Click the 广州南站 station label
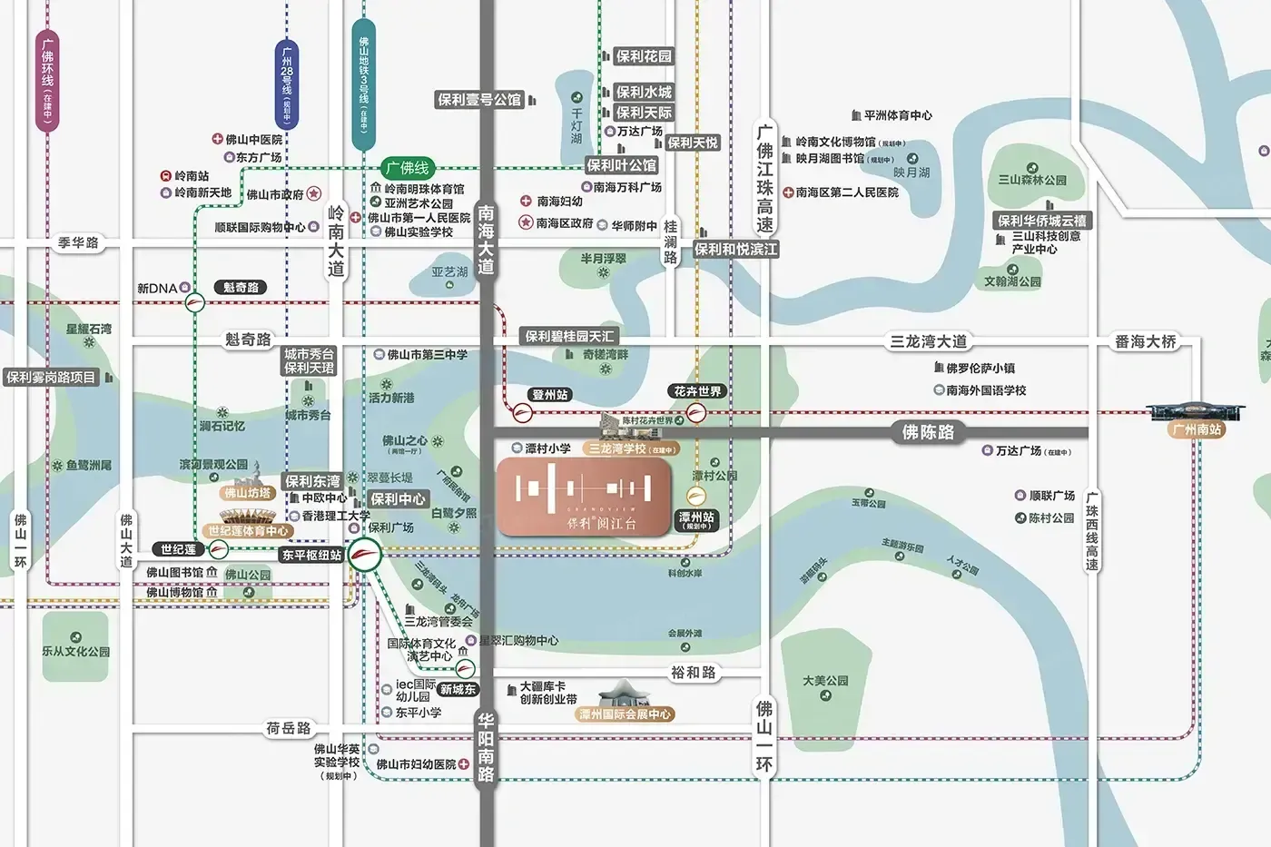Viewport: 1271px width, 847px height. (1197, 429)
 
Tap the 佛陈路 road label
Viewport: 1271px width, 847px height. (928, 432)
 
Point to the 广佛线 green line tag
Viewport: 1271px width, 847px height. (407, 168)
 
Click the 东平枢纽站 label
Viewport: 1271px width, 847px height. (311, 555)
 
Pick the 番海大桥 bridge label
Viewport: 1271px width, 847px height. (1145, 341)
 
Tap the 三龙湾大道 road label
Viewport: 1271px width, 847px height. (928, 341)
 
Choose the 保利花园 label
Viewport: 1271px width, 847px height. (644, 56)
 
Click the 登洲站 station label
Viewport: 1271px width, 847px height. (550, 395)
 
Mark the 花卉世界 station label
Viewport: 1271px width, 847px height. (697, 391)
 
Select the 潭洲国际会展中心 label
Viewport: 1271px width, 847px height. (626, 714)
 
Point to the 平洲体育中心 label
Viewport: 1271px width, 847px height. (897, 115)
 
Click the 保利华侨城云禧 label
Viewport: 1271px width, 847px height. (1041, 221)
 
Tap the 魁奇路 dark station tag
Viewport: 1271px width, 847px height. (241, 287)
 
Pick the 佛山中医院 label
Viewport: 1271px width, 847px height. (253, 139)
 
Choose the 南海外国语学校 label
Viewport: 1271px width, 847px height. (986, 389)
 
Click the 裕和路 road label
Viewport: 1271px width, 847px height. (694, 673)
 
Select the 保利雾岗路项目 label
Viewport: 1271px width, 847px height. (51, 378)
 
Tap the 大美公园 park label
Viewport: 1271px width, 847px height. (825, 680)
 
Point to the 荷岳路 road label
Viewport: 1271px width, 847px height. (289, 728)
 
